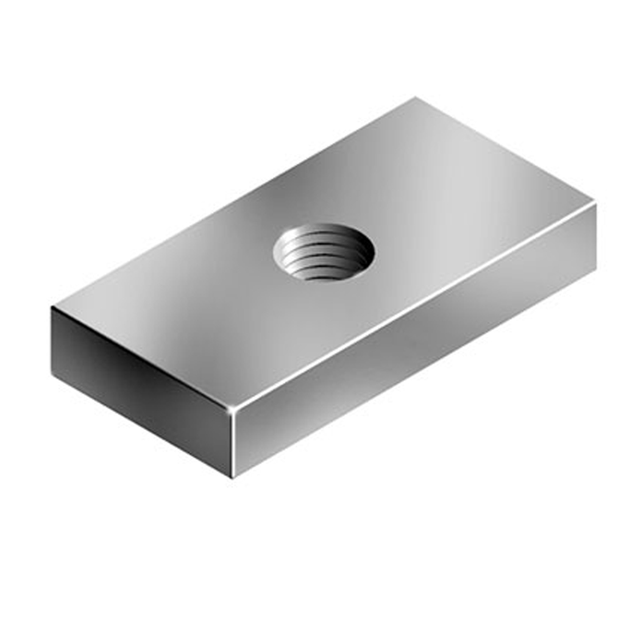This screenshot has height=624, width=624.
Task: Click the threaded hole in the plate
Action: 323,252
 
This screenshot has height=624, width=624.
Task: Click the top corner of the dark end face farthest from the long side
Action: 52,307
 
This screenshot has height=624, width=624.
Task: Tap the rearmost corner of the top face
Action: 416,97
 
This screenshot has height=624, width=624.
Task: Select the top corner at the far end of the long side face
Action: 595,204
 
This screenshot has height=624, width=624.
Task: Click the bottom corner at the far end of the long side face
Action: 595,271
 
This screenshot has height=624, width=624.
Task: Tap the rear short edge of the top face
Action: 506,151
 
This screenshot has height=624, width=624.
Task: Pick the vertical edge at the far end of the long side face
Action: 595,238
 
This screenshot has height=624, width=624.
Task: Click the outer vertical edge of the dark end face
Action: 52,339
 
